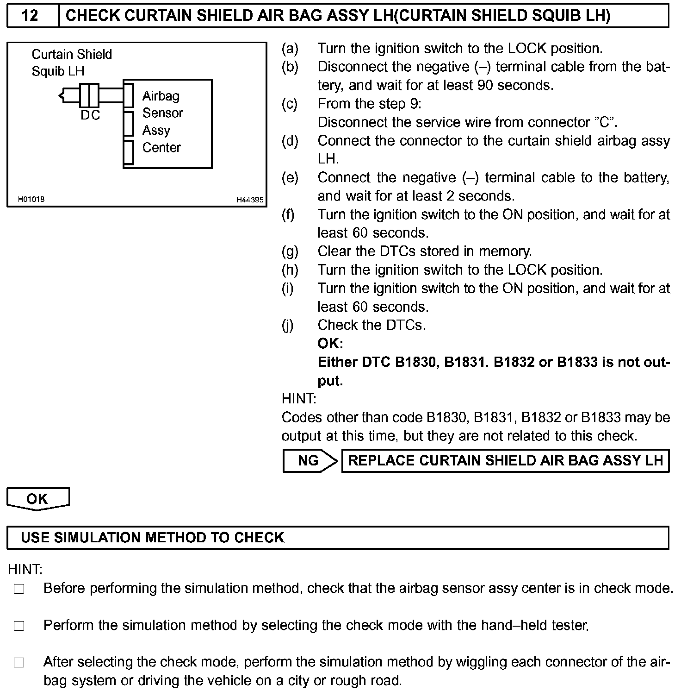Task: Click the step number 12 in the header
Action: pos(30,16)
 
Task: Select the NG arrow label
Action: pos(309,460)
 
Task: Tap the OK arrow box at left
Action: pos(37,499)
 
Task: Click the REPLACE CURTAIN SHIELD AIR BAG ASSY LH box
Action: pos(505,460)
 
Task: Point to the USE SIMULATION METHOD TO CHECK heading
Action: pos(153,537)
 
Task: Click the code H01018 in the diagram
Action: pos(31,199)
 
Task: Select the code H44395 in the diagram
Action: pos(250,200)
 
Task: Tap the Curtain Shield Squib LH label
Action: pos(71,63)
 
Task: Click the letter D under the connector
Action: pos(85,115)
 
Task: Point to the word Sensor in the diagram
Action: pos(162,113)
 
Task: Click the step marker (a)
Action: pos(290,48)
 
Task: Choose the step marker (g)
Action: pos(290,251)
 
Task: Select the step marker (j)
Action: pos(288,325)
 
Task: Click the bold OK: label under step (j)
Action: pos(330,344)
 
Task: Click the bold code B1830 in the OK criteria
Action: pos(416,362)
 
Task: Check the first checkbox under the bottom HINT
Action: pos(19,589)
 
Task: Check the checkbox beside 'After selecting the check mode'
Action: pos(19,663)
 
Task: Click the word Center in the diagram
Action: pos(161,148)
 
